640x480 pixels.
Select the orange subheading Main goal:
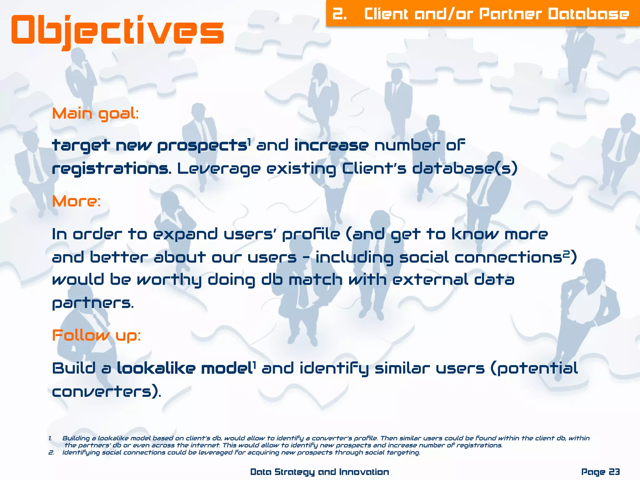pos(95,114)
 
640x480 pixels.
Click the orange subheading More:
pos(77,201)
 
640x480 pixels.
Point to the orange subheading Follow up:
pos(96,336)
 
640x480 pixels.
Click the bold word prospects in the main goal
pos(202,146)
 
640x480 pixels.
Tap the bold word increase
pos(331,146)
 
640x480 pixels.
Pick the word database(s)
pos(465,169)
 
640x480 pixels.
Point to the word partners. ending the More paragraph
pos(93,303)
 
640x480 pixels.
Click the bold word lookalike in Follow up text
pos(156,368)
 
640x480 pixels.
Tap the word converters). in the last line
pos(106,392)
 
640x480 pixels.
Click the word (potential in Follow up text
pos(534,368)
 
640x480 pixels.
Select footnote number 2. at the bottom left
pos(51,452)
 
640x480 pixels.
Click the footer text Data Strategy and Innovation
pos(319,472)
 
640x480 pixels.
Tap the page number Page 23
pos(600,472)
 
